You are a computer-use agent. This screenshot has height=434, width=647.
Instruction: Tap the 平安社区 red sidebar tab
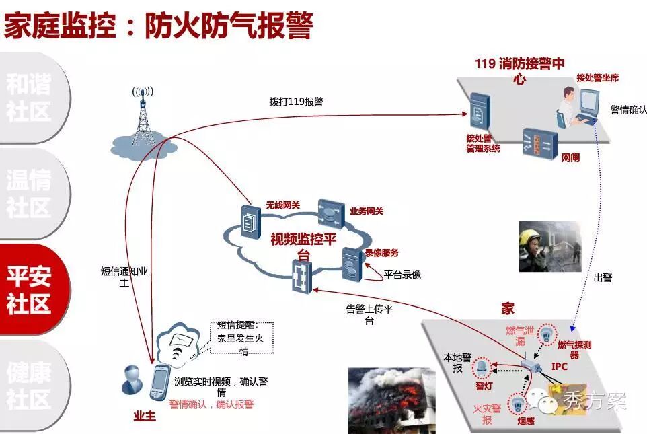(30, 289)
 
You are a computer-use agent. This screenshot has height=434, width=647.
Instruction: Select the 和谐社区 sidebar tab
(30, 98)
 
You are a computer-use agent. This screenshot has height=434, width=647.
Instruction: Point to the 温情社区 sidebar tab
(30, 194)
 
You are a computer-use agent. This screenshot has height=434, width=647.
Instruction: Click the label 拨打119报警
(296, 102)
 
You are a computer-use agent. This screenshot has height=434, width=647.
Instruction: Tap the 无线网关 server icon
(250, 217)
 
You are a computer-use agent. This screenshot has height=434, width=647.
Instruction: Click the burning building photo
(383, 401)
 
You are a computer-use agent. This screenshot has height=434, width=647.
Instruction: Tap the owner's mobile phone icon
(159, 384)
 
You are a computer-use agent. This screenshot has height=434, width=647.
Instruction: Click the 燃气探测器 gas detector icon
(549, 334)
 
